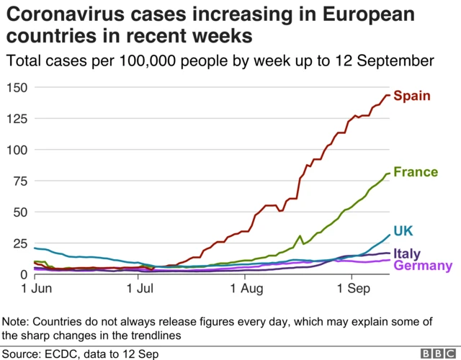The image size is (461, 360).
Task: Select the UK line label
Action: [403, 231]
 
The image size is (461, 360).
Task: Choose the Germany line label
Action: [424, 266]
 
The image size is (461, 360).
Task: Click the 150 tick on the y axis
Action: [16, 88]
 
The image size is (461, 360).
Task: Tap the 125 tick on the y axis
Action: [16, 119]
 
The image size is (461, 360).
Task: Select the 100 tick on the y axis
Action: [16, 150]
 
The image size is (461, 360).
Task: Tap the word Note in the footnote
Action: [16, 321]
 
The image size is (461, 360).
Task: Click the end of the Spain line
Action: [390, 95]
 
